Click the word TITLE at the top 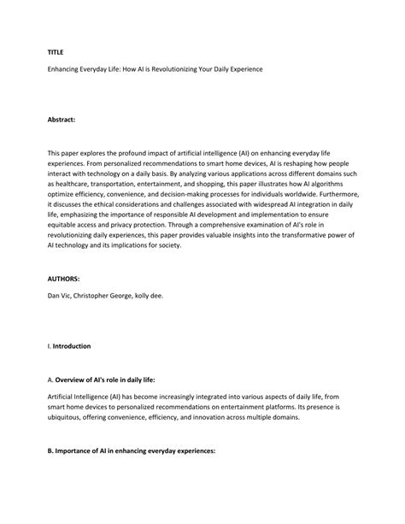56,51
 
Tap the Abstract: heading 62,121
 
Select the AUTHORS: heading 64,279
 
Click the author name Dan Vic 60,296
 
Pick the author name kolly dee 164,296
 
